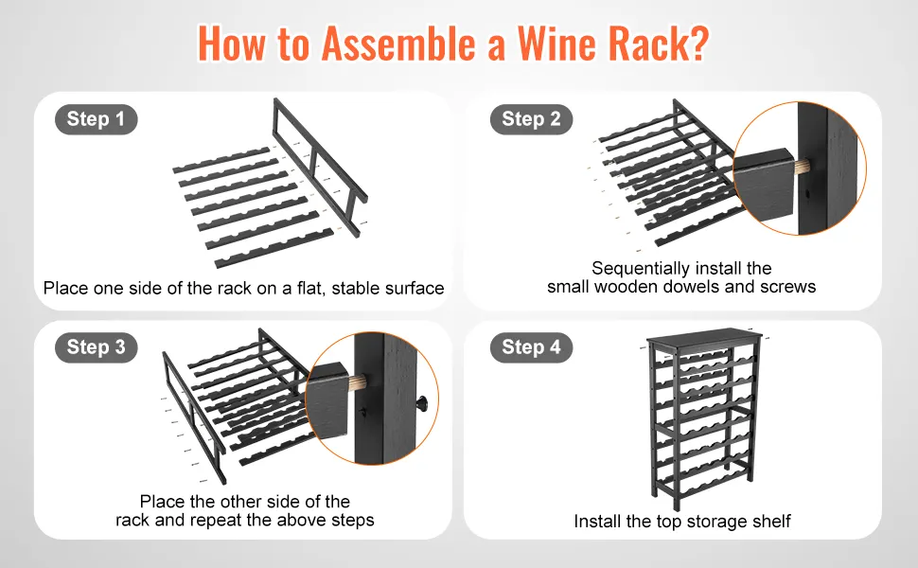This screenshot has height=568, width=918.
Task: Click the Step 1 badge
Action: [x=96, y=119]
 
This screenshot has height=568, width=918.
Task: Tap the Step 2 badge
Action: [x=531, y=119]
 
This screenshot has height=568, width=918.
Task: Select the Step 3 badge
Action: [x=96, y=347]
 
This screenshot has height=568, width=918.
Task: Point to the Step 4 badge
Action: [x=531, y=347]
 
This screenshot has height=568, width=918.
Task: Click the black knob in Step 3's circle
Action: [x=423, y=403]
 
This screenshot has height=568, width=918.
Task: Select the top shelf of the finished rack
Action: [x=705, y=339]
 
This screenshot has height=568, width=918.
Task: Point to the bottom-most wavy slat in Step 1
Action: [x=274, y=248]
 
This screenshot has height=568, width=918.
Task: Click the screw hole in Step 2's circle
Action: [x=807, y=193]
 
